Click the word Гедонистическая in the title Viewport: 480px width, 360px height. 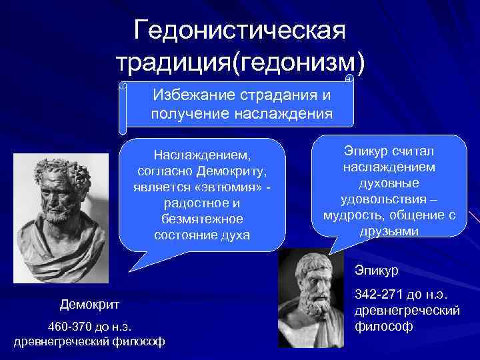coord(239,29)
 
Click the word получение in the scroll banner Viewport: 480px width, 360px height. coord(189,113)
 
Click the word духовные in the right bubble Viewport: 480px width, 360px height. coord(389,183)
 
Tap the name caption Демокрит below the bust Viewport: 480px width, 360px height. coord(89,305)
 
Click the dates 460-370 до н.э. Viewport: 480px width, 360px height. coord(89,326)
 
